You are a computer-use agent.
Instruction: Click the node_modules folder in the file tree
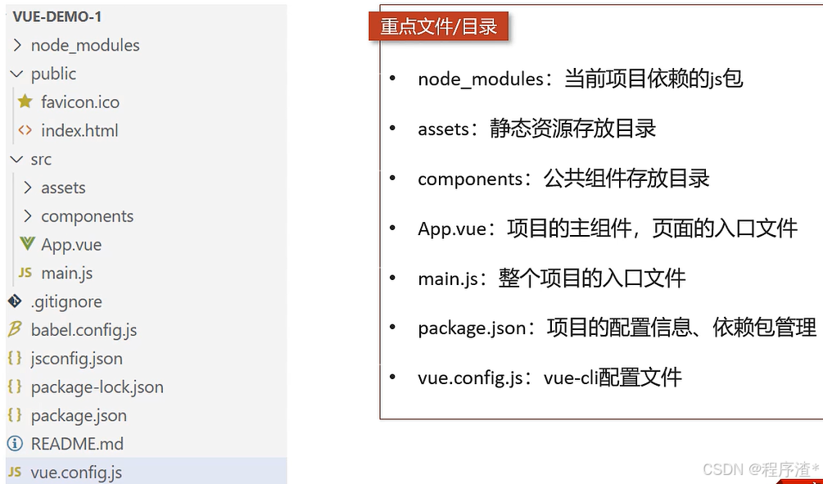pyautogui.click(x=85, y=45)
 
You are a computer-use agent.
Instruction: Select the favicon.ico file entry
pyautogui.click(x=80, y=102)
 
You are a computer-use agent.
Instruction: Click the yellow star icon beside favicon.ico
pyautogui.click(x=25, y=102)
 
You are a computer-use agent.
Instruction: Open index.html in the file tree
pyautogui.click(x=79, y=130)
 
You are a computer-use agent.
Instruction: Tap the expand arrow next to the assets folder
pyautogui.click(x=29, y=188)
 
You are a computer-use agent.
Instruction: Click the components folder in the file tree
pyautogui.click(x=87, y=216)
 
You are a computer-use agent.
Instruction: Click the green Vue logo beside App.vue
pyautogui.click(x=27, y=244)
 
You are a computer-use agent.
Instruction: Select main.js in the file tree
pyautogui.click(x=66, y=273)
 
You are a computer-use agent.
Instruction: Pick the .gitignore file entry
pyautogui.click(x=66, y=301)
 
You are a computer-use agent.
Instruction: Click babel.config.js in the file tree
pyautogui.click(x=84, y=330)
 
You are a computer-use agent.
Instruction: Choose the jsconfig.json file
pyautogui.click(x=76, y=359)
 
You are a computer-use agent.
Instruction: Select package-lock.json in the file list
pyautogui.click(x=97, y=387)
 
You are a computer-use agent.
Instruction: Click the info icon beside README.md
pyautogui.click(x=14, y=444)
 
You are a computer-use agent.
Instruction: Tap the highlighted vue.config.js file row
pyautogui.click(x=76, y=473)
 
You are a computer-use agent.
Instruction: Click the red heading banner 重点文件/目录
pyautogui.click(x=439, y=27)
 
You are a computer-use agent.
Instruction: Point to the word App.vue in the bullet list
pyautogui.click(x=452, y=228)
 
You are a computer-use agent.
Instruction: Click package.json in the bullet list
pyautogui.click(x=472, y=328)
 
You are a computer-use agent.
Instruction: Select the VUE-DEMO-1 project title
pyautogui.click(x=57, y=16)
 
